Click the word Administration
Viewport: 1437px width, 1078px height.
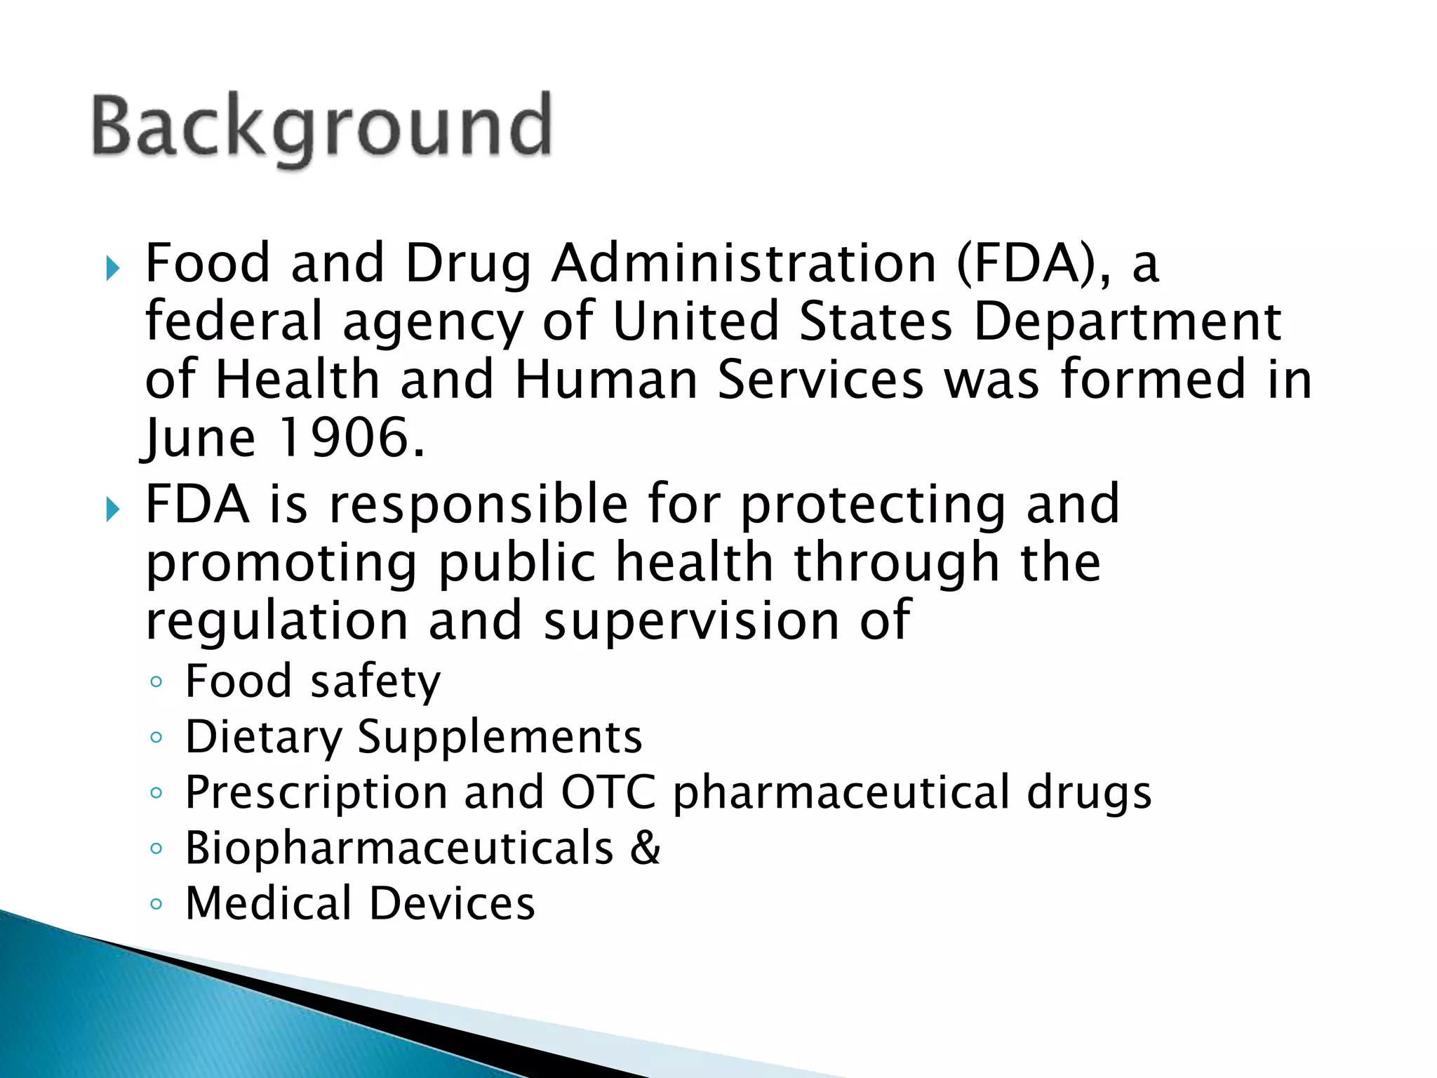(x=744, y=264)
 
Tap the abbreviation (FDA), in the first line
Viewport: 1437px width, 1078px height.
(x=1034, y=264)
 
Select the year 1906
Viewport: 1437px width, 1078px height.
(x=352, y=438)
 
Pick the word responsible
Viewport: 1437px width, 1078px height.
(x=478, y=505)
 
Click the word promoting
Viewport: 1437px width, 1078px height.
(x=281, y=565)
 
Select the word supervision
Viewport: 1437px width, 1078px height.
(x=691, y=622)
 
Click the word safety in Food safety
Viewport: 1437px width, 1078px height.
(x=375, y=682)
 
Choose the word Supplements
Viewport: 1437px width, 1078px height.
(x=500, y=738)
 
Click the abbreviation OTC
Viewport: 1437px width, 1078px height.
(x=608, y=792)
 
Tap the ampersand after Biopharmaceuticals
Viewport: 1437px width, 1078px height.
(x=645, y=848)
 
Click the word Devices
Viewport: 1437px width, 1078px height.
(x=452, y=903)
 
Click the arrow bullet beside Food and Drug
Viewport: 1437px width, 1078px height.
(x=112, y=267)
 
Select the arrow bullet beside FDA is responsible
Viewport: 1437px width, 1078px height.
(x=112, y=509)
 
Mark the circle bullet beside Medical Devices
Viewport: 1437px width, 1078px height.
(x=156, y=904)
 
